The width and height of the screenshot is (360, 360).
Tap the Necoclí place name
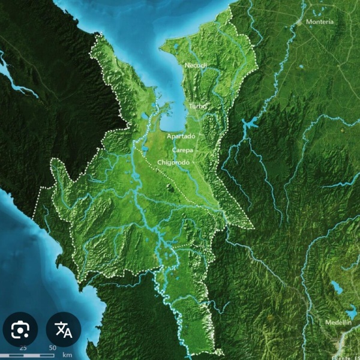pyautogui.click(x=196, y=65)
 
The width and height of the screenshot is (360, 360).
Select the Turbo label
pyautogui.click(x=197, y=106)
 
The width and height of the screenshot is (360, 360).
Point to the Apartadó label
pyautogui.click(x=181, y=136)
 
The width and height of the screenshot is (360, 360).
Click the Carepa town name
pyautogui.click(x=182, y=149)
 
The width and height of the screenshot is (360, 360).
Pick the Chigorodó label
pyautogui.click(x=173, y=162)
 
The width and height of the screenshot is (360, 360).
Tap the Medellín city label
pyautogui.click(x=338, y=322)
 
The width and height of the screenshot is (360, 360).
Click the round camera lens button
pyautogui.click(x=20, y=329)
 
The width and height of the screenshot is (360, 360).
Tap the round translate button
pyautogui.click(x=63, y=329)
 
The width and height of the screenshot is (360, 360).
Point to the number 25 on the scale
pyautogui.click(x=23, y=347)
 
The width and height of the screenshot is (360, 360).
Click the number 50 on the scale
pyautogui.click(x=52, y=347)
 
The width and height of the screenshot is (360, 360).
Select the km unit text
pyautogui.click(x=67, y=355)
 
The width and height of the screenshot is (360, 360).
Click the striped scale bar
pyautogui.click(x=36, y=355)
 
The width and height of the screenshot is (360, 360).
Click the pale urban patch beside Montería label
pyautogui.click(x=299, y=22)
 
